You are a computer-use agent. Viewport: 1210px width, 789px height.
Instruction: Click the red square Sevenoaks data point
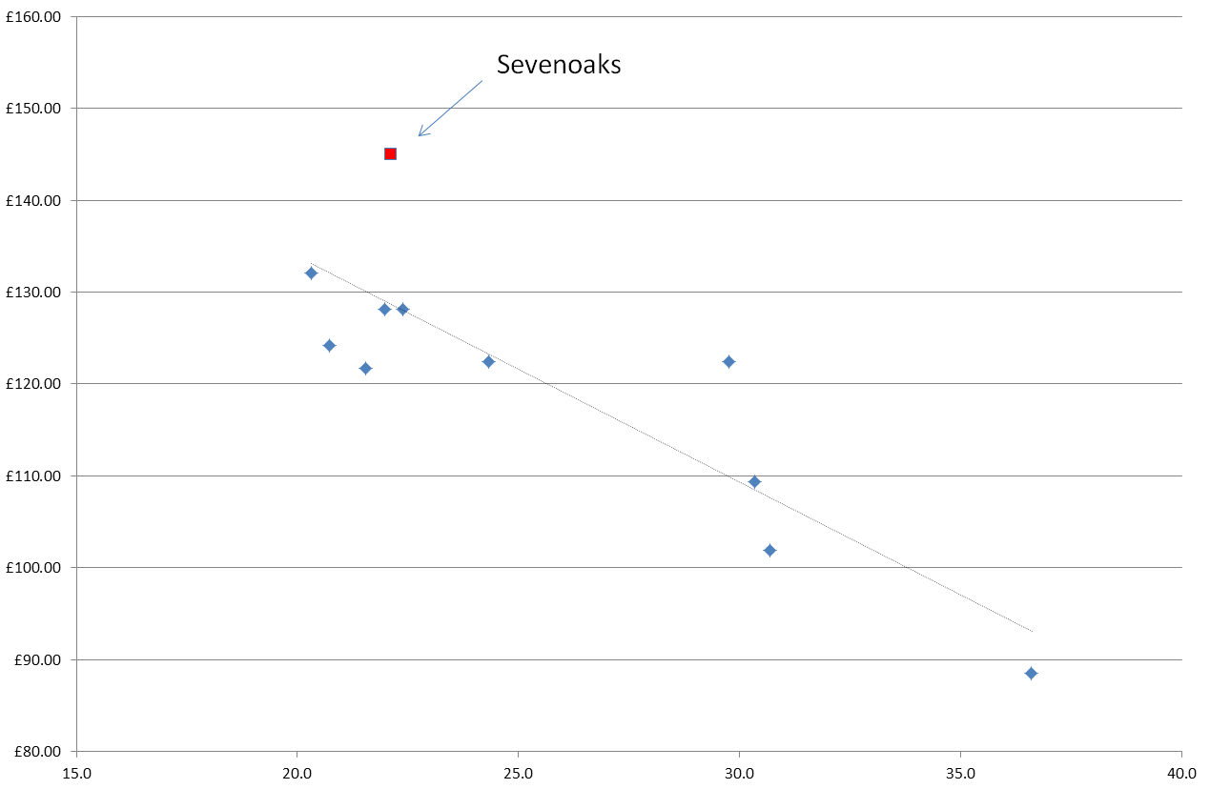pyautogui.click(x=390, y=153)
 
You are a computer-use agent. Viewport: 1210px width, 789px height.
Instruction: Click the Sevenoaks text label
pyautogui.click(x=559, y=65)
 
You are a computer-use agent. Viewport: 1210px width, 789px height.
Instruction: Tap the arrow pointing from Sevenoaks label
pyautogui.click(x=450, y=107)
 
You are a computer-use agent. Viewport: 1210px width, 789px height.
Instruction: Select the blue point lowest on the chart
pyautogui.click(x=1031, y=673)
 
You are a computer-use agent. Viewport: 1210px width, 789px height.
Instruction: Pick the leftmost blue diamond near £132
pyautogui.click(x=311, y=273)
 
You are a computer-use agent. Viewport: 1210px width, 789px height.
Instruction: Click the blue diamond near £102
pyautogui.click(x=769, y=550)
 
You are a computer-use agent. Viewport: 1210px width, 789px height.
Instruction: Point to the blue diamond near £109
pyautogui.click(x=754, y=481)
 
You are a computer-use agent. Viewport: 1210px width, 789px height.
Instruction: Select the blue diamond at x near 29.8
pyautogui.click(x=728, y=361)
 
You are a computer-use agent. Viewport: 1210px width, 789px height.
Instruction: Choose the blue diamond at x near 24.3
pyautogui.click(x=488, y=361)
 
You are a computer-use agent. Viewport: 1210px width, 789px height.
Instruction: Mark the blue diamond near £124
pyautogui.click(x=329, y=345)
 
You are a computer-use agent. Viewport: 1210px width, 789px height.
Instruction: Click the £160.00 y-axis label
pyautogui.click(x=33, y=16)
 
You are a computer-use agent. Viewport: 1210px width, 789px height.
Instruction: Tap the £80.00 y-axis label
pyautogui.click(x=36, y=752)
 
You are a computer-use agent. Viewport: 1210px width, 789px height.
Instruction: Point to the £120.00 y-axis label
pyautogui.click(x=33, y=384)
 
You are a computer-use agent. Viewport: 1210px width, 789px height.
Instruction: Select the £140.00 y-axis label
pyautogui.click(x=33, y=200)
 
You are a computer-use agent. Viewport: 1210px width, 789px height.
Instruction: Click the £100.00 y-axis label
pyautogui.click(x=33, y=568)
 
